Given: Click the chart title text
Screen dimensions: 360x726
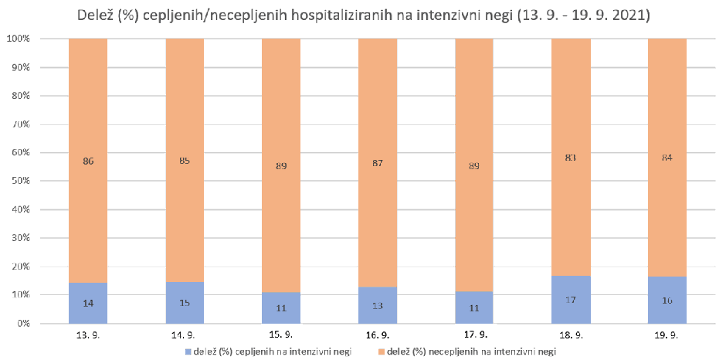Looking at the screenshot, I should click(x=362, y=15).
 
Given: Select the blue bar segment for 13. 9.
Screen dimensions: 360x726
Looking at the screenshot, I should click(x=88, y=303).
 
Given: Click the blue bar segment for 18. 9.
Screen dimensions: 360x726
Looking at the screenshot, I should click(x=571, y=300).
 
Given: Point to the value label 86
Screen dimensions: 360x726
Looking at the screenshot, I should click(x=88, y=161).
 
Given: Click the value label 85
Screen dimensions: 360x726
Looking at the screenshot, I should click(x=185, y=161).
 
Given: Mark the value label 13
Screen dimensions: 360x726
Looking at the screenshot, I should click(x=378, y=306).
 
